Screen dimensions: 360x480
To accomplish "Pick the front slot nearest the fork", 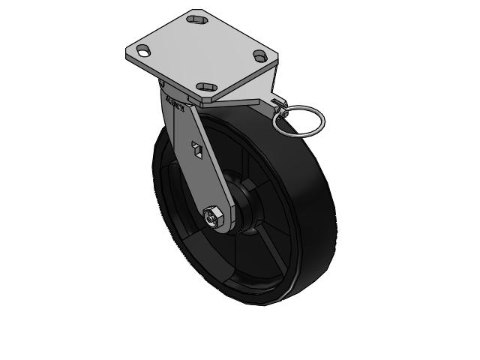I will coord(206,88).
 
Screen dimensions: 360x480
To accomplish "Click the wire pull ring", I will coord(298,121).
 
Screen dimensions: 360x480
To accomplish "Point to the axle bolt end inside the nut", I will coord(213,217).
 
